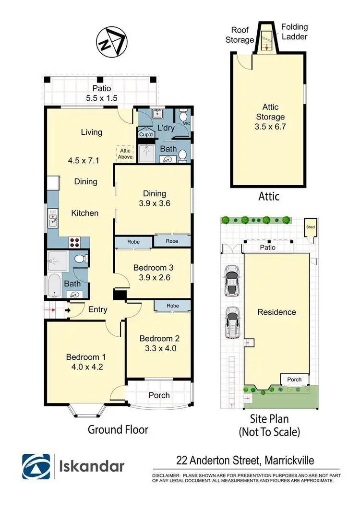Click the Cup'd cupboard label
(145, 134)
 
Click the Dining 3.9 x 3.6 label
(154, 198)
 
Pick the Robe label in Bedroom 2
(173, 306)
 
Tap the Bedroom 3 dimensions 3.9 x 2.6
(152, 277)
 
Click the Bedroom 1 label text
(85, 357)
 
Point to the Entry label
(97, 310)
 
